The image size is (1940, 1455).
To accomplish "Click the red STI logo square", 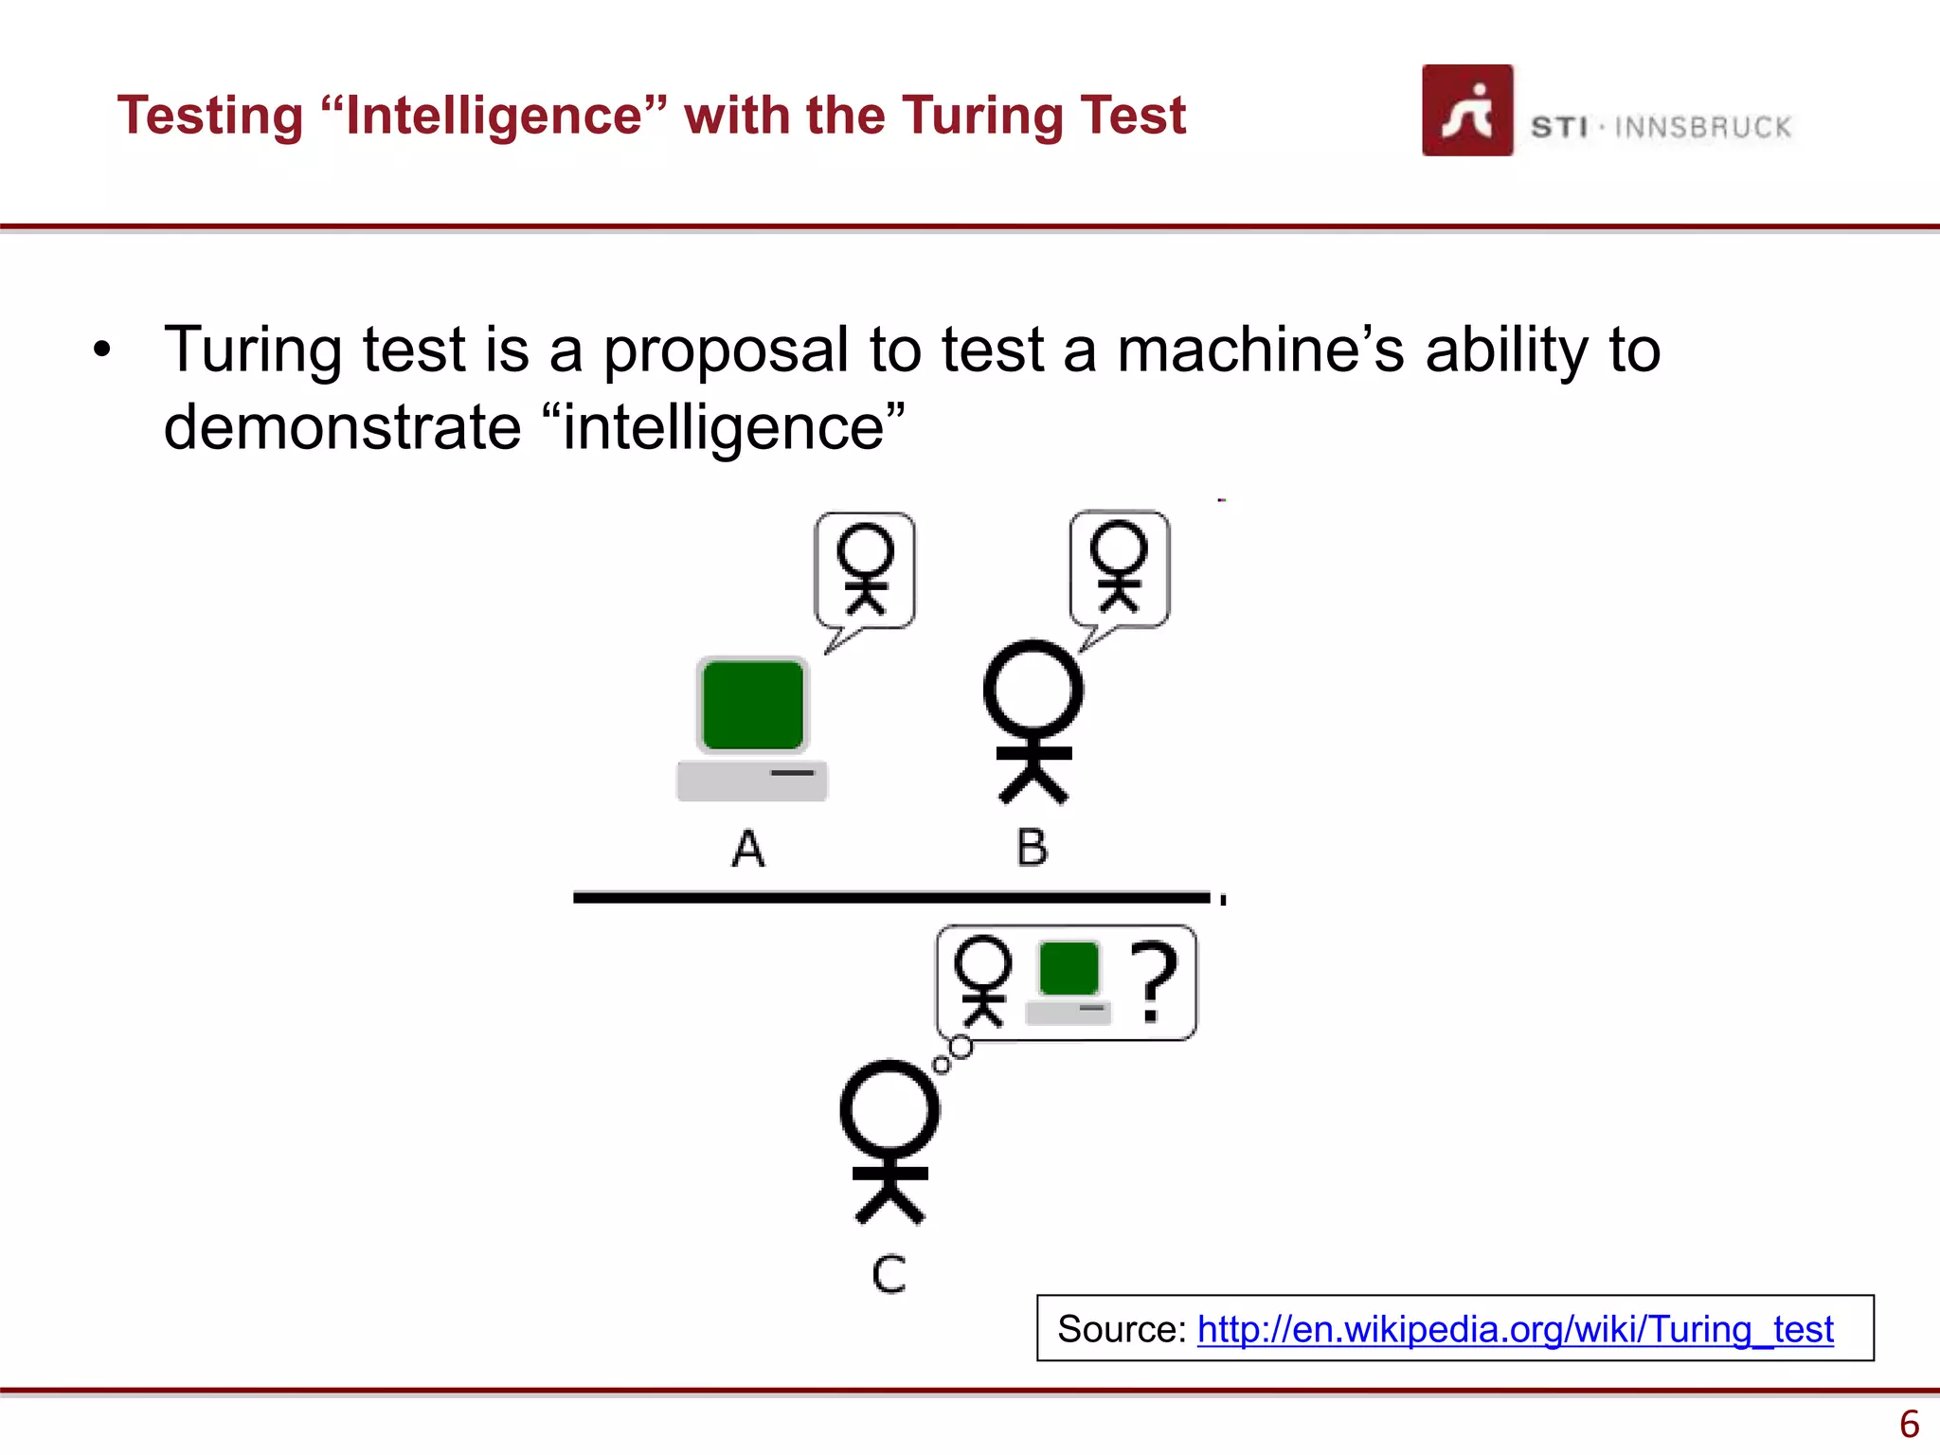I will [1466, 110].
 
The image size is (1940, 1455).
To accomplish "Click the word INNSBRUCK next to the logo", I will [1702, 127].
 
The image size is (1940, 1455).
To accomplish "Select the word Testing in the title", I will [209, 116].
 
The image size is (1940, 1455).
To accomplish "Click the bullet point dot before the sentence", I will [102, 350].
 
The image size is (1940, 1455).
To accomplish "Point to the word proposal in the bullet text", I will [726, 350].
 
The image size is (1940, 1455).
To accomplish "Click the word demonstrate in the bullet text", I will [342, 427].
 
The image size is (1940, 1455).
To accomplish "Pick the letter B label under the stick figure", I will [1032, 847].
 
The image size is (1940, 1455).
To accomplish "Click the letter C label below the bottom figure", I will [889, 1274].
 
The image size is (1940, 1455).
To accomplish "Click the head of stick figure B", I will [1033, 689].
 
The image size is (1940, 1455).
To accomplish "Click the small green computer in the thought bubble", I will [1069, 981].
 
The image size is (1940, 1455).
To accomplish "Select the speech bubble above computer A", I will [865, 571].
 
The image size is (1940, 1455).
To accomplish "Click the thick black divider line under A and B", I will [890, 897].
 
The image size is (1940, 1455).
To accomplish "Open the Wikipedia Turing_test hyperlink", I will [1515, 1329].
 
